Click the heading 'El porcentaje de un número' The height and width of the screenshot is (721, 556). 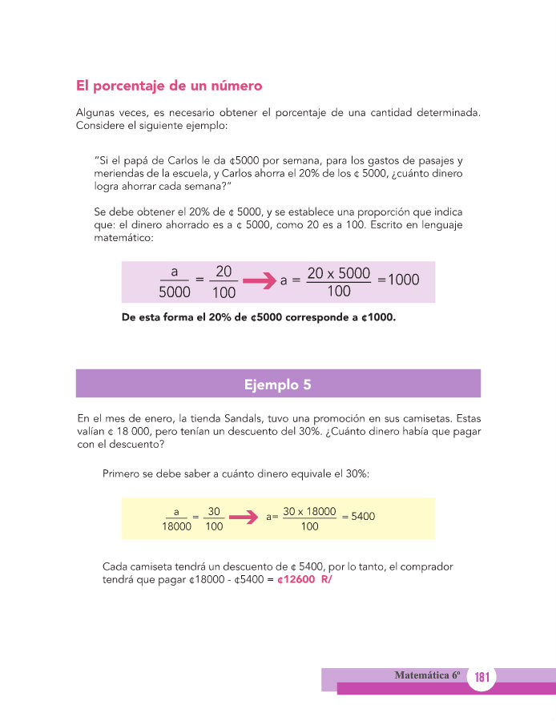(169, 85)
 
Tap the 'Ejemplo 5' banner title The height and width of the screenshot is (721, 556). (277, 385)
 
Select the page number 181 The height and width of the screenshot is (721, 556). (481, 678)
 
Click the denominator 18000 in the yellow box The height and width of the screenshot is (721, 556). (176, 527)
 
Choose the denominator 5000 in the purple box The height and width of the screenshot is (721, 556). (174, 292)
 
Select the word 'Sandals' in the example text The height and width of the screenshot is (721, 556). (240, 418)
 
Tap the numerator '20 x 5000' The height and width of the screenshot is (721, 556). (339, 273)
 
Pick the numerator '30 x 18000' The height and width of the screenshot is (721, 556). (309, 510)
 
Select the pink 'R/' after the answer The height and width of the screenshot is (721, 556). (325, 580)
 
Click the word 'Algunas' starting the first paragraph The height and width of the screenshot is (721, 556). (97, 114)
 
